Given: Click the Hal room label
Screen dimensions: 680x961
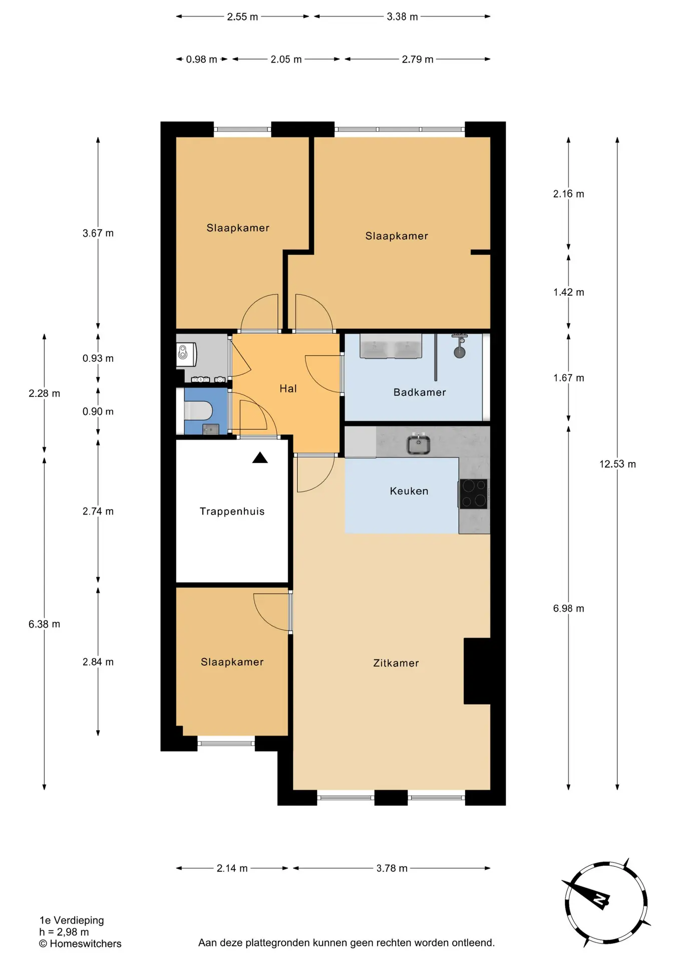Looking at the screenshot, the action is coord(288,388).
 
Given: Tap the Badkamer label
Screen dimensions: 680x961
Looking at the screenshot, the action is coord(420,392).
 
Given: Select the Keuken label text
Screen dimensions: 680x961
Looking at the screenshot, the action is coord(409,491).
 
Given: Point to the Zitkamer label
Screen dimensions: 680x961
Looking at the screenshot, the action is coord(396,663).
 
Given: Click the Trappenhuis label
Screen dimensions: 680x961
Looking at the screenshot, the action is coord(232,512).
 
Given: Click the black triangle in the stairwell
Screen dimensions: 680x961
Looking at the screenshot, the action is coord(260,457).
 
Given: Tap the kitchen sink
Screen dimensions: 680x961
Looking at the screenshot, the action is coord(418,444).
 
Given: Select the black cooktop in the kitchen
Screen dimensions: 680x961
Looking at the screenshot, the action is coord(473,494).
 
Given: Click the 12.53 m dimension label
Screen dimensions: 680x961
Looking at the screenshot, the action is coord(617,464).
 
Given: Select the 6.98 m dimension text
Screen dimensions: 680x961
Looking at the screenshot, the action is coord(568,608).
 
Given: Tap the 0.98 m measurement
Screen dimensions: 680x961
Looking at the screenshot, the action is coord(201,60).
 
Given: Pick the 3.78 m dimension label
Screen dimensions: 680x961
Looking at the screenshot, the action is coord(392,868).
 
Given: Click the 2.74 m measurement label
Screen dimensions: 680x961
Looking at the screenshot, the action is coord(98,511).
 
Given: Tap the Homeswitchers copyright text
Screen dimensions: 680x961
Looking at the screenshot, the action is coord(80,943).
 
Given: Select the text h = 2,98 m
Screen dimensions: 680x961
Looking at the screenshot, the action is coord(64,932).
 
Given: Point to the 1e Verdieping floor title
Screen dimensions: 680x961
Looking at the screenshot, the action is coord(72,920).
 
